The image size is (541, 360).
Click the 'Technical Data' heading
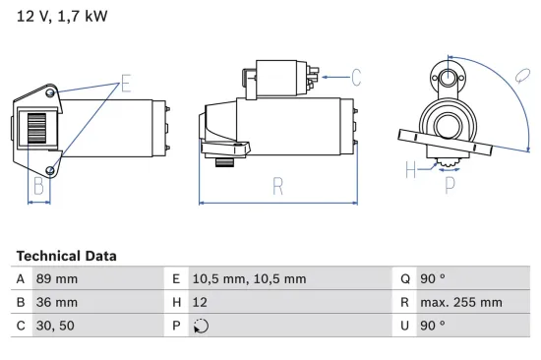click(x=66, y=256)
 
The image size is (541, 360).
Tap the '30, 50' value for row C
click(x=54, y=325)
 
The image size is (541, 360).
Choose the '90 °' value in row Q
click(x=433, y=279)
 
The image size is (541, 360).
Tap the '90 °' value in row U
click(x=433, y=325)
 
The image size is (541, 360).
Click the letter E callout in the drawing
click(x=125, y=83)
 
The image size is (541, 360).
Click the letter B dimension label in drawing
click(x=37, y=184)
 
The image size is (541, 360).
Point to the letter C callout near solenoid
click(x=356, y=75)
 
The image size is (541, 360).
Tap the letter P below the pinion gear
click(x=450, y=182)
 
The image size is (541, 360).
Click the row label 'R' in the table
click(x=405, y=302)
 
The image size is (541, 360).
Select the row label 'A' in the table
click(x=22, y=279)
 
